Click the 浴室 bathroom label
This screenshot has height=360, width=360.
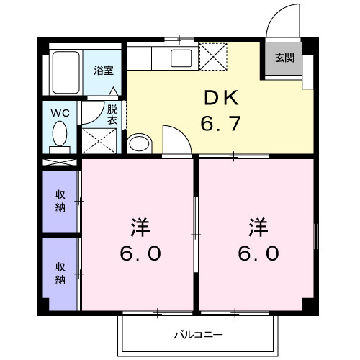(103, 71)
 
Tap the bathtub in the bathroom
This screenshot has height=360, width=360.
(66, 72)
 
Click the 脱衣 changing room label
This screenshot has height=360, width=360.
(112, 115)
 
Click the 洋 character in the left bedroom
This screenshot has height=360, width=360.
(140, 227)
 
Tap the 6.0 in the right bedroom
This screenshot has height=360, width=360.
(258, 253)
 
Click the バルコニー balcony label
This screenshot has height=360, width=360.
(198, 335)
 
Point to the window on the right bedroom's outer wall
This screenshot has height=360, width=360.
(315, 234)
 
